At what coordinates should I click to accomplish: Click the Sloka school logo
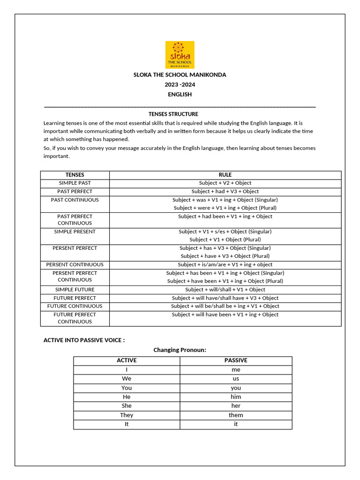tap(180, 55)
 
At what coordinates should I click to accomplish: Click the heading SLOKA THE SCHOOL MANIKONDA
tap(180, 75)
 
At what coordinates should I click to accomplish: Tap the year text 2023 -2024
tap(180, 85)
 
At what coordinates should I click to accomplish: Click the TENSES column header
tap(75, 175)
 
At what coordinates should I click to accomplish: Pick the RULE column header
tap(225, 175)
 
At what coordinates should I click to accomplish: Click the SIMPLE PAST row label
tap(75, 183)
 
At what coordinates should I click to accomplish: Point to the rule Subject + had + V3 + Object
tap(225, 191)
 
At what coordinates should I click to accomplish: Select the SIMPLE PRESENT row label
tap(75, 232)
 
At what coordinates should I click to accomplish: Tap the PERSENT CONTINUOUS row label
tap(75, 264)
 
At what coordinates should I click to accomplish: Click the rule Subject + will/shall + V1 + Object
tap(225, 290)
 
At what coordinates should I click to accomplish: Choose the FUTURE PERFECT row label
tap(75, 298)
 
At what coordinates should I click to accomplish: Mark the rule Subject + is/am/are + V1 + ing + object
tap(225, 264)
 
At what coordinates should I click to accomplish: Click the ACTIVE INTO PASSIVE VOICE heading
tap(84, 340)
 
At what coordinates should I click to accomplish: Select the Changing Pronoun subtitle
tap(180, 350)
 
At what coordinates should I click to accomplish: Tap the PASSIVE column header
tap(236, 360)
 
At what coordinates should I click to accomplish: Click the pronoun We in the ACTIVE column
tap(127, 379)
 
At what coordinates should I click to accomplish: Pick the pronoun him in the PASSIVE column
tap(236, 397)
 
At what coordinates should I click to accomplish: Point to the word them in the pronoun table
tap(236, 415)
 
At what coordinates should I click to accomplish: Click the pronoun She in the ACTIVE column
tap(127, 406)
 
